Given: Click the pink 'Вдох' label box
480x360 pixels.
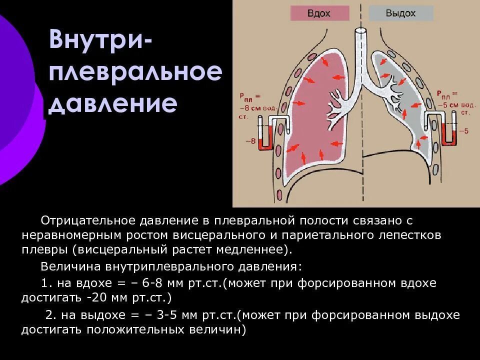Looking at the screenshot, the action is [318, 13].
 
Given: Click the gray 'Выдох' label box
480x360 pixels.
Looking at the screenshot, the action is [400, 13].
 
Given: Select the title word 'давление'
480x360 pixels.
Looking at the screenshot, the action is [113, 104].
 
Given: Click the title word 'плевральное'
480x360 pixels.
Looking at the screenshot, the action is [135, 73].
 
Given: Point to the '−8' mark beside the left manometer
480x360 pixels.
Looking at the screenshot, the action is [250, 141].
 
